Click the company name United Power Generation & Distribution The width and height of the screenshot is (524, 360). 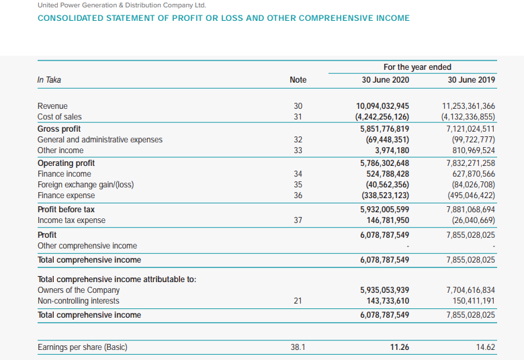122,5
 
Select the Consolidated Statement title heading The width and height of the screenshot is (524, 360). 223,18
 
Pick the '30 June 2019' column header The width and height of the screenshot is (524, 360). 471,80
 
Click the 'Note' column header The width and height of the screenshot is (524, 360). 298,80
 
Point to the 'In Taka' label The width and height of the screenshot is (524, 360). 49,80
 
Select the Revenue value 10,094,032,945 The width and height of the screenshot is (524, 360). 382,106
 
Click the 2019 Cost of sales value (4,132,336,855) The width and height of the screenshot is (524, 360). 468,118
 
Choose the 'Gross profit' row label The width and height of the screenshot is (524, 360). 59,129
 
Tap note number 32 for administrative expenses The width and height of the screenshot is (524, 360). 298,140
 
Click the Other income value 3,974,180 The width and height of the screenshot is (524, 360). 392,150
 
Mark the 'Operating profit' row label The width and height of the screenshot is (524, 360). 66,163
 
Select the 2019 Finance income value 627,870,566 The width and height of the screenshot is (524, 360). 470,174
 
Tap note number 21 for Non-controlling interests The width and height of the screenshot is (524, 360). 298,301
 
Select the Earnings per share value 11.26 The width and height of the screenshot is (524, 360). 400,347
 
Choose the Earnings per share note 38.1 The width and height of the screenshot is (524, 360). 298,347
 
